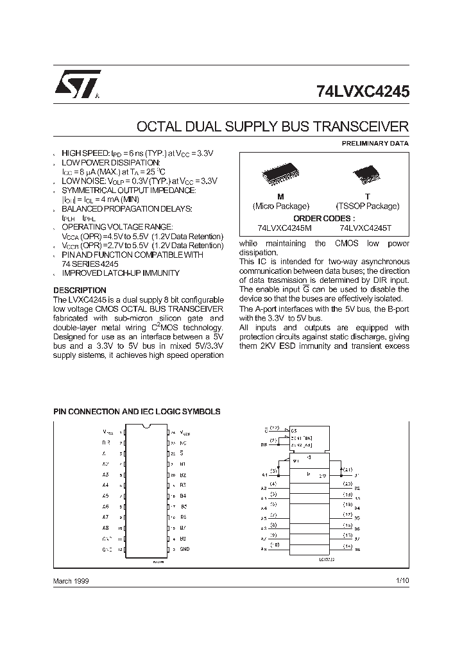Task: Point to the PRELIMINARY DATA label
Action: tap(375, 143)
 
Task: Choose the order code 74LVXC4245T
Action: tap(366, 228)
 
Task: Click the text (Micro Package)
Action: tap(280, 206)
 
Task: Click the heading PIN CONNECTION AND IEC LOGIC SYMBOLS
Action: tap(137, 411)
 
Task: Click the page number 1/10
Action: tap(402, 580)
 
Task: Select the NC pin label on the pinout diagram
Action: tap(184, 442)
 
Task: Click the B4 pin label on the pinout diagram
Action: tap(184, 496)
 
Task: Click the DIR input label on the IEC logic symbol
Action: tap(264, 442)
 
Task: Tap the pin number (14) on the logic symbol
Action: tap(347, 546)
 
